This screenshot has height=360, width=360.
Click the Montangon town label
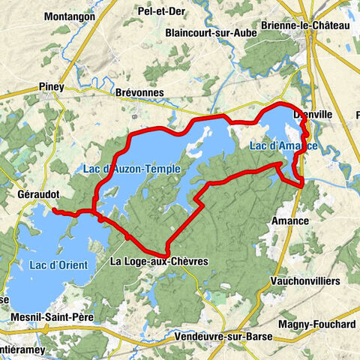pos(70,16)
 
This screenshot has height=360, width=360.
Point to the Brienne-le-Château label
pos(305,25)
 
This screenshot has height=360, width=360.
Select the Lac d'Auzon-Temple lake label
pos(139,169)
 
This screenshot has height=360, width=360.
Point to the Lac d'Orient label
pos(59,265)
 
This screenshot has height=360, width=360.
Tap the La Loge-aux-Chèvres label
pos(157,262)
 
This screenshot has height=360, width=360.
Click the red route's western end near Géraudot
pos(54,211)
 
